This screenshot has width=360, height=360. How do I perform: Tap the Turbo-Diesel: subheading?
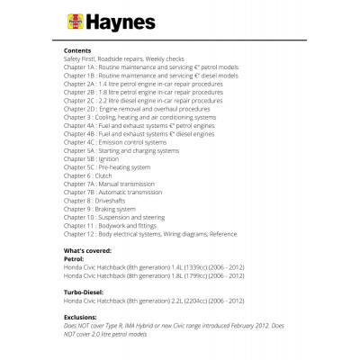89,293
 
